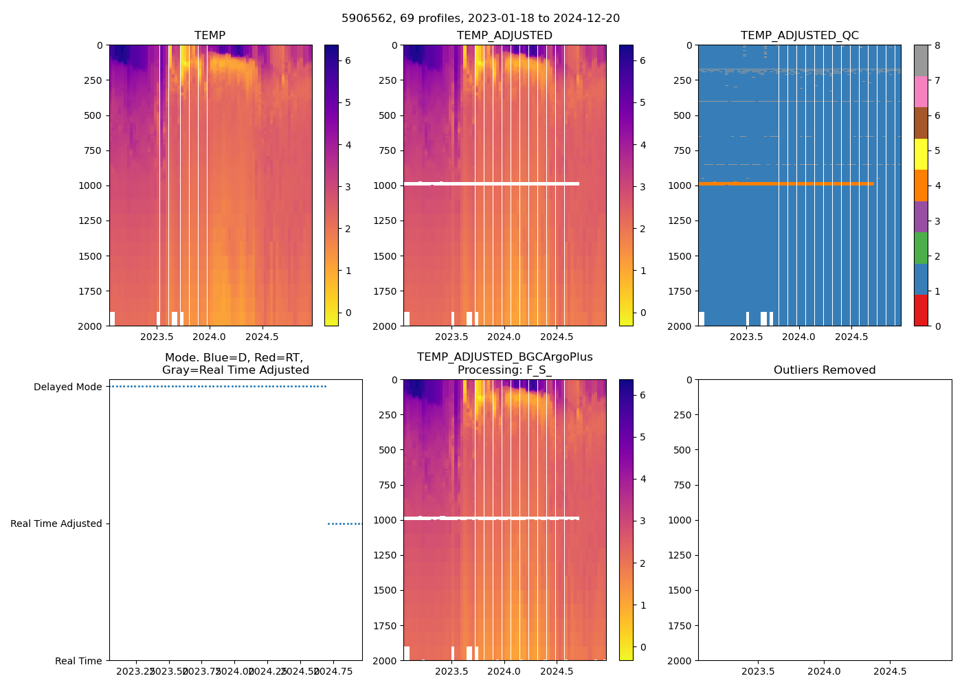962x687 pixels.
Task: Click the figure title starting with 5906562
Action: coord(480,19)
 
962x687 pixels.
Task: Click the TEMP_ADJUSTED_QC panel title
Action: coord(799,36)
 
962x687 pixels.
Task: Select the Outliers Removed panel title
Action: coord(824,370)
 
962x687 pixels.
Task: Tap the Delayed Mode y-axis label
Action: coord(67,387)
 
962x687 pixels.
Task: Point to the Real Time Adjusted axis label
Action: coord(56,524)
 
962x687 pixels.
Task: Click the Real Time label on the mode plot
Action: coord(78,661)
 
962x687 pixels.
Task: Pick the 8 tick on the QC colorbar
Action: coord(937,45)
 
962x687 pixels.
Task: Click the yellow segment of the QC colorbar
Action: coord(921,155)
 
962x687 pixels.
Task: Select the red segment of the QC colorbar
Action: coord(921,311)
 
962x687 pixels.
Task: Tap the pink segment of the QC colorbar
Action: coord(921,92)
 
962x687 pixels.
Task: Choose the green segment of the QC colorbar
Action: coord(921,248)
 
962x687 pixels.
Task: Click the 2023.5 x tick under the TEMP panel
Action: coord(157,337)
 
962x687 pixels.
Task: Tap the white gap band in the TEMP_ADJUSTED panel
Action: coord(491,183)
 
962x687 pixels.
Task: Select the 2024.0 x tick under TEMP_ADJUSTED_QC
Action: coord(798,337)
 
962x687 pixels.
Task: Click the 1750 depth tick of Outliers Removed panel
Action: coord(680,626)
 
